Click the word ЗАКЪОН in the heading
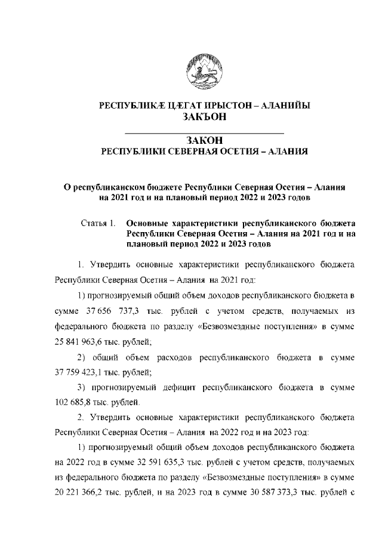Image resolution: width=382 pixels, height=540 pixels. (x=205, y=118)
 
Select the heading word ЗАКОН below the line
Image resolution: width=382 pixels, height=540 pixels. (x=205, y=140)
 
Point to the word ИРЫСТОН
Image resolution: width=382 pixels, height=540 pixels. (x=228, y=106)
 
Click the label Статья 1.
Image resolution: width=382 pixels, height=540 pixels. (x=97, y=223)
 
